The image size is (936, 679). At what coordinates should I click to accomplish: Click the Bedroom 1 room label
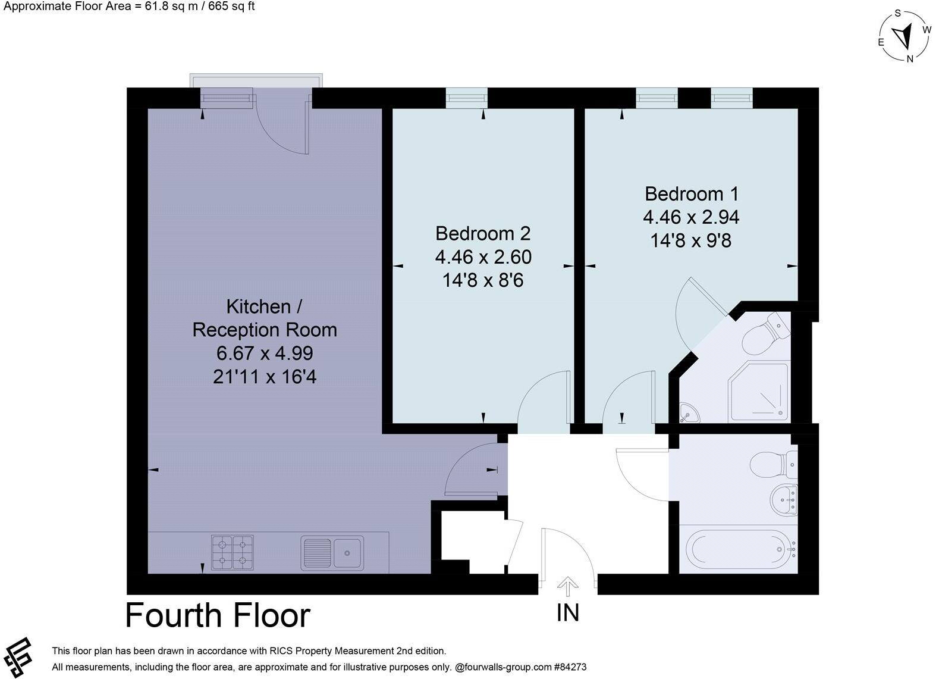coord(691,194)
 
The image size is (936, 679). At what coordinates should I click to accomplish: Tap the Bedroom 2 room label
coord(482,233)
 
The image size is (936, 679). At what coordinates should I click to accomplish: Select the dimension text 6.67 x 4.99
coord(265,353)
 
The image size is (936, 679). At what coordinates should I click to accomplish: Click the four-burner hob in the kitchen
coord(232,551)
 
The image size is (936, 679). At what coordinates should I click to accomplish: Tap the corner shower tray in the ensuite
coord(759,392)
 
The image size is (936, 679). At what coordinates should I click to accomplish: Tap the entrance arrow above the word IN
coord(568,586)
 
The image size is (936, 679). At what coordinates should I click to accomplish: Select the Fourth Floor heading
coord(218,615)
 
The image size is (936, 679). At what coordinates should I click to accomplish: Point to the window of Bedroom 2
coord(467,98)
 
